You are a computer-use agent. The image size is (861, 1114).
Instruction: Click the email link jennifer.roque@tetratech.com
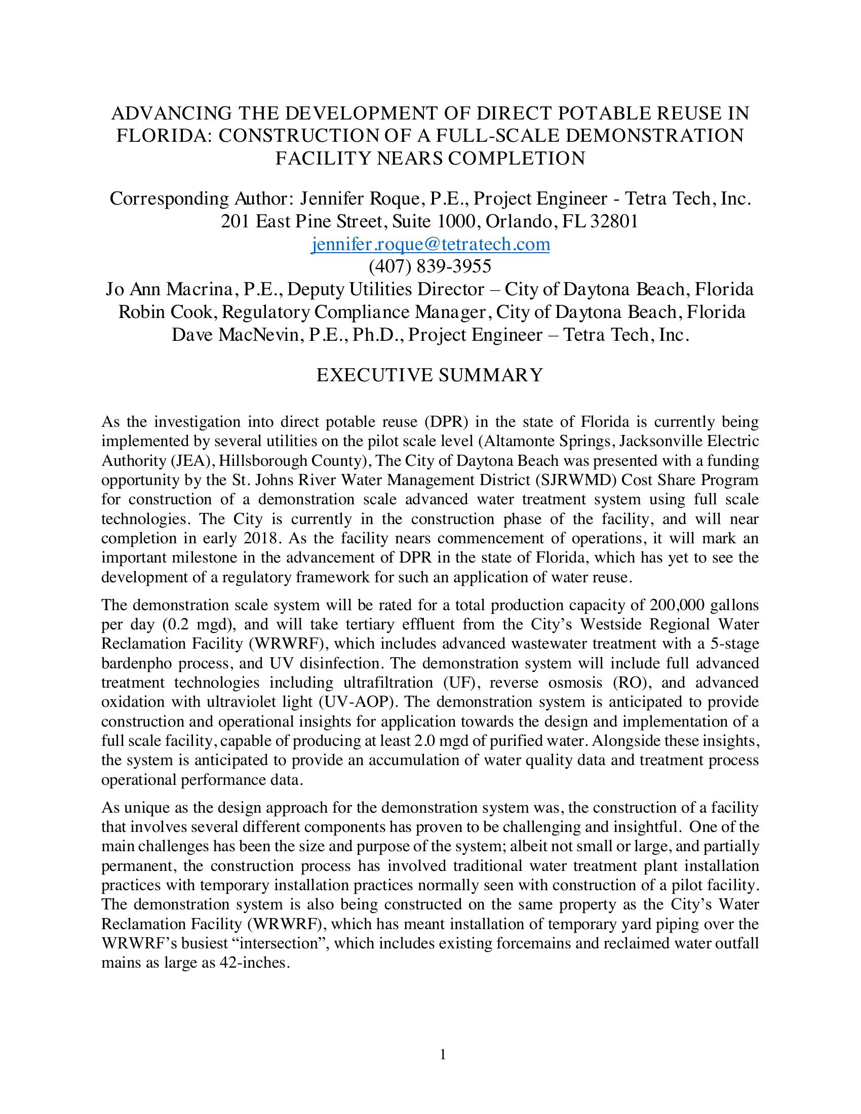pyautogui.click(x=430, y=245)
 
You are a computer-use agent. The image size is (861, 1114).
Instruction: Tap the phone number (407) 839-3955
pyautogui.click(x=430, y=266)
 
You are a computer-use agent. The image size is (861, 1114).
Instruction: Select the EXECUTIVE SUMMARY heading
pyautogui.click(x=430, y=375)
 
